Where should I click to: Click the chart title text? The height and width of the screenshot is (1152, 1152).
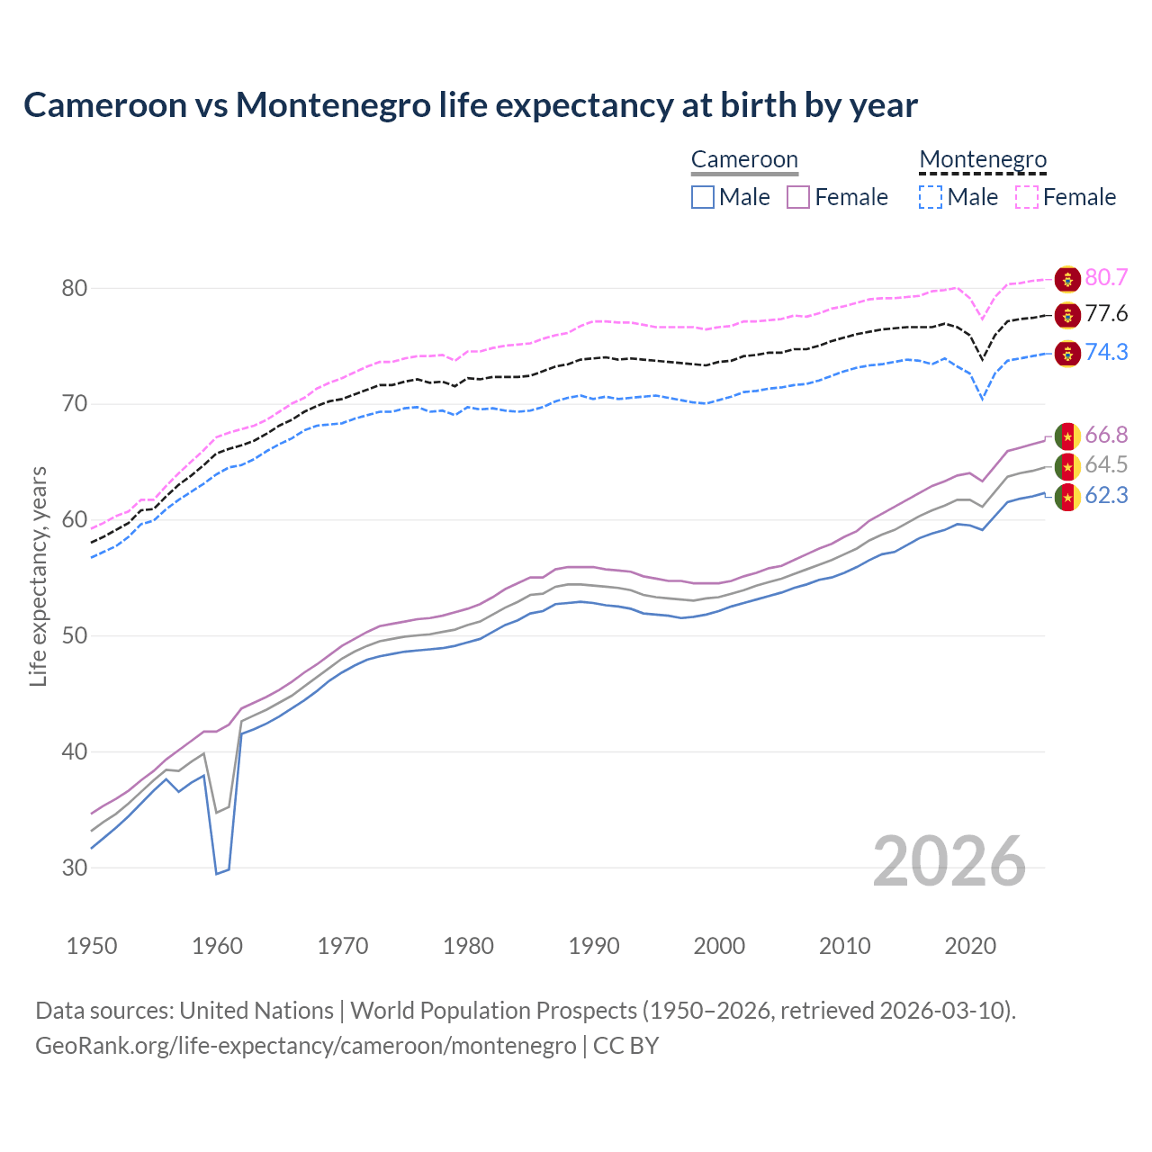[470, 105]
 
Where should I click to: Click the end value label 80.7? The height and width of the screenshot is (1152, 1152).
[1106, 278]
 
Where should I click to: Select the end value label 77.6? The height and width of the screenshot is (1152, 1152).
[1106, 314]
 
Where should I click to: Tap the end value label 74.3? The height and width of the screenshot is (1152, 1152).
[1106, 352]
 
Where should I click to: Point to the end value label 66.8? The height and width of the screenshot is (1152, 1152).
[1106, 436]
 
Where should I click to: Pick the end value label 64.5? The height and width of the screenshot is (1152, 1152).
[1106, 465]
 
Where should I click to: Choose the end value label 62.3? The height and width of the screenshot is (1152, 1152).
[1106, 496]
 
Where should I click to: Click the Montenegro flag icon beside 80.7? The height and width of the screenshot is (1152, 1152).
[1067, 279]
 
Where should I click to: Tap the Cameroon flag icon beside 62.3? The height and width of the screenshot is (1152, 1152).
[1067, 497]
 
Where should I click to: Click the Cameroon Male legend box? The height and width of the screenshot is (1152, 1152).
[703, 197]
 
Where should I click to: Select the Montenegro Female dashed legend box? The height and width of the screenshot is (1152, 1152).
[1027, 197]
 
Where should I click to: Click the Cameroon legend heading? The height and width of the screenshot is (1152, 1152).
[744, 160]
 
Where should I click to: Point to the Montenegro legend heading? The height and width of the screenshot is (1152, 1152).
[983, 160]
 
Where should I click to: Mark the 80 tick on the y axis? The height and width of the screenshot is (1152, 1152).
[75, 289]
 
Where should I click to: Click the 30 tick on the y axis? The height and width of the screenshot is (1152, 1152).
[75, 868]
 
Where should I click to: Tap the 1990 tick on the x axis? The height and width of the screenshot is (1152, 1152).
[594, 946]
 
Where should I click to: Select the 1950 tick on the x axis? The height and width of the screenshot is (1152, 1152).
[92, 946]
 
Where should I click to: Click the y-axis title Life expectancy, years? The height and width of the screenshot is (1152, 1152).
[39, 576]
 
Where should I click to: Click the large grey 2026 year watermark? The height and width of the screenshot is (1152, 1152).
[949, 861]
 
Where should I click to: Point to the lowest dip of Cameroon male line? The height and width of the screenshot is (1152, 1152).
[217, 873]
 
